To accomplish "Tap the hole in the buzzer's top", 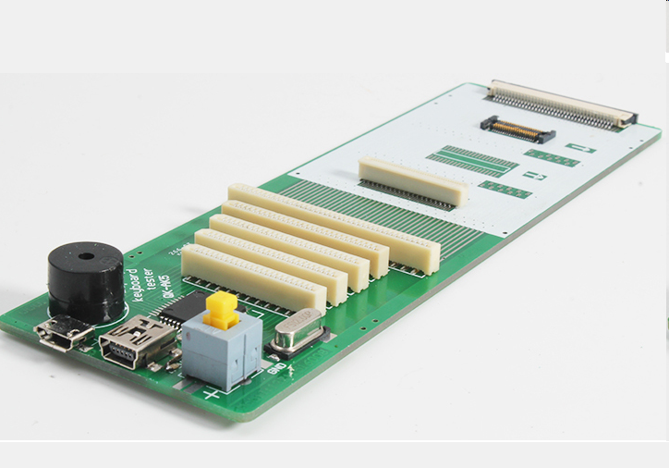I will coord(85,256).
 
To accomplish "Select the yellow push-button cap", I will coord(221,310).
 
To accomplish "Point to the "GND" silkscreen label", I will coord(275,369).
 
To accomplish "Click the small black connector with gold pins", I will coord(517,129).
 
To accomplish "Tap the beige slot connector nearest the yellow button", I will coord(253,276).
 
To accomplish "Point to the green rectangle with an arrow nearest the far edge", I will coord(580,148).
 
